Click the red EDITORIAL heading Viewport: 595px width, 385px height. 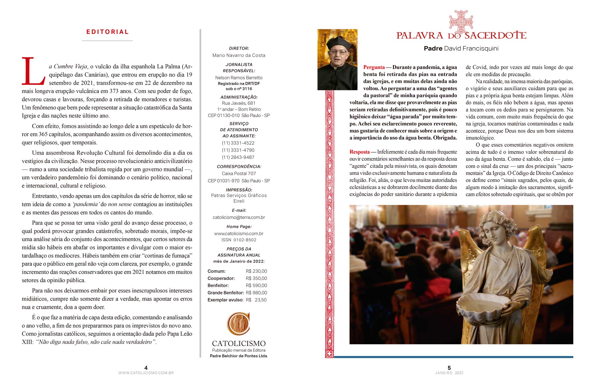click(107, 32)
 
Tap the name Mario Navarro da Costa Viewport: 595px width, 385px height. click(239, 55)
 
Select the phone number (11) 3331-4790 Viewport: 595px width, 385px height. click(238, 150)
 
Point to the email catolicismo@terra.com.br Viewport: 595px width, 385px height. click(239, 217)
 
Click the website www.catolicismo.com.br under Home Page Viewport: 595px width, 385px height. click(239, 233)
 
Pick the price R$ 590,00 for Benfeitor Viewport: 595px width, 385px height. click(256, 286)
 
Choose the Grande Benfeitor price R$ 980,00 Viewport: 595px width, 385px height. click(256, 293)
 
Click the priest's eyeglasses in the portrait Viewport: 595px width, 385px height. click(338, 52)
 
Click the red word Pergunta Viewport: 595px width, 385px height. click(374, 67)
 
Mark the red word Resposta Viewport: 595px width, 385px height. click(360, 152)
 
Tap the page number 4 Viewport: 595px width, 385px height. click(146, 368)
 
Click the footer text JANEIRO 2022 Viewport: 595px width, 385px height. click(449, 373)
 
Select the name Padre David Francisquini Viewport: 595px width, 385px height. click(461, 48)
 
